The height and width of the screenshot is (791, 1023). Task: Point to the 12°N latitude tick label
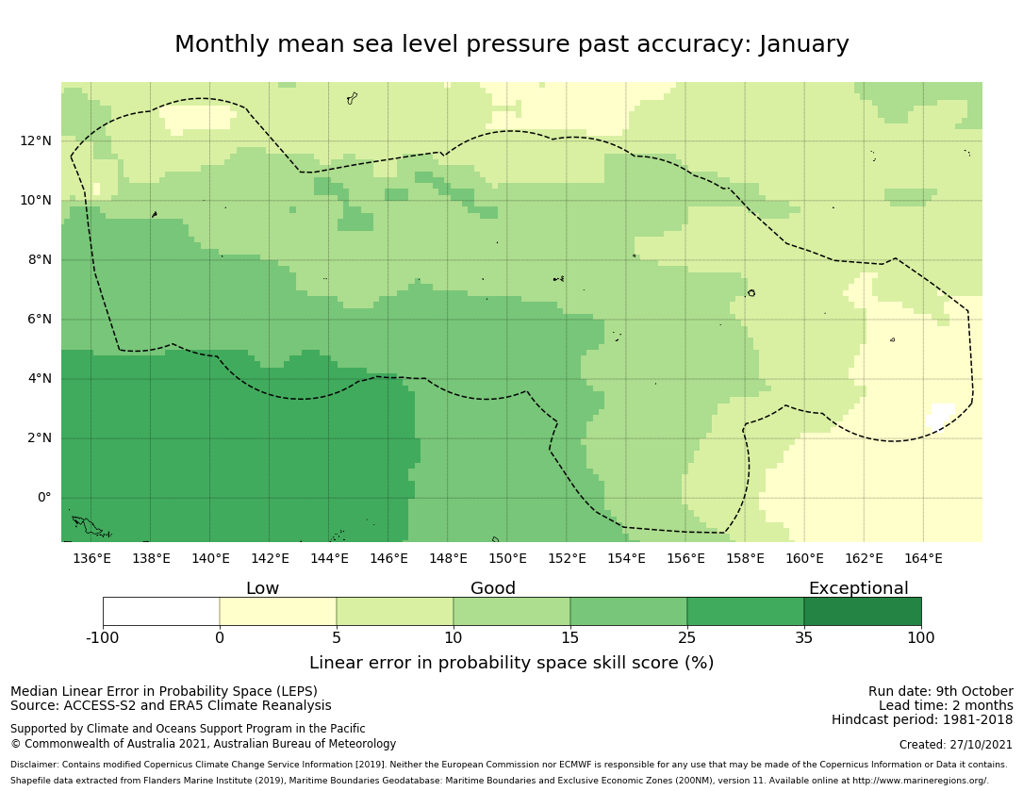pyautogui.click(x=36, y=141)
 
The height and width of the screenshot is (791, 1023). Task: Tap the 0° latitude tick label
pyautogui.click(x=43, y=498)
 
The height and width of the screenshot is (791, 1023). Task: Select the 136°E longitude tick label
pyautogui.click(x=91, y=558)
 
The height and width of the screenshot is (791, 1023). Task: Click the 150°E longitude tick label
pyautogui.click(x=507, y=558)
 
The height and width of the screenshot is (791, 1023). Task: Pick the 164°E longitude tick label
pyautogui.click(x=923, y=558)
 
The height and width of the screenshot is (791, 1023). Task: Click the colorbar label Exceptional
pyautogui.click(x=858, y=589)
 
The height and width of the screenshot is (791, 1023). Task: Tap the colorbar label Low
pyautogui.click(x=262, y=589)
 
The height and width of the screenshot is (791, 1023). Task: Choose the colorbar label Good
pyautogui.click(x=493, y=589)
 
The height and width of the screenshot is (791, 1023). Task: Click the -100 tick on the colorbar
pyautogui.click(x=103, y=638)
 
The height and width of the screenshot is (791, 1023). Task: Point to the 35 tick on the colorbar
pyautogui.click(x=804, y=638)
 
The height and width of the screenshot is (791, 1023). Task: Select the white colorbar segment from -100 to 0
pyautogui.click(x=161, y=611)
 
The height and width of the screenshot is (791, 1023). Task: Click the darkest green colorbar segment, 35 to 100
pyautogui.click(x=863, y=611)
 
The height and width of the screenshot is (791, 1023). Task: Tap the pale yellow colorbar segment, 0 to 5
pyautogui.click(x=278, y=611)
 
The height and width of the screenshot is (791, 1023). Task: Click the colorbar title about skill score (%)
pyautogui.click(x=511, y=664)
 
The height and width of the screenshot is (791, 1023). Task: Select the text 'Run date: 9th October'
pyautogui.click(x=940, y=692)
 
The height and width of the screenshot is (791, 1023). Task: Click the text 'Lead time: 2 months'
pyautogui.click(x=946, y=706)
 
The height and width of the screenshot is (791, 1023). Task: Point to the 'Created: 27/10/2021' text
pyautogui.click(x=956, y=745)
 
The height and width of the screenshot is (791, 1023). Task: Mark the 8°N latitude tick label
pyautogui.click(x=40, y=260)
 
